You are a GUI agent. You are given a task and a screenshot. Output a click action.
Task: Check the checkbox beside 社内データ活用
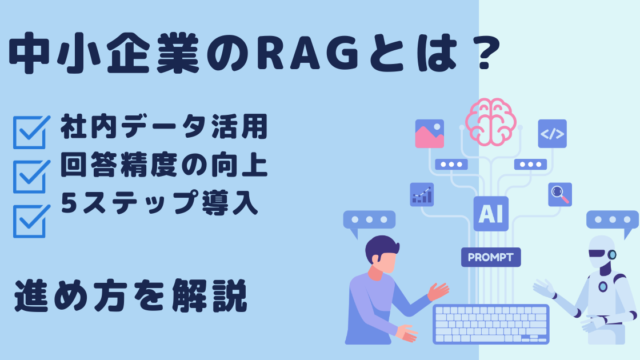click(31, 132)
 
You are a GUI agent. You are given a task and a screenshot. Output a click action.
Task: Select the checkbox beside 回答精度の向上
click(31, 176)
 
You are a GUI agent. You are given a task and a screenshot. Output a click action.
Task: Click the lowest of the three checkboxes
click(31, 221)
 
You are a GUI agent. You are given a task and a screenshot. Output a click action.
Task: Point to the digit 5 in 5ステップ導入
click(69, 202)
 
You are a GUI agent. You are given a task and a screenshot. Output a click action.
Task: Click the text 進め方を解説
click(131, 296)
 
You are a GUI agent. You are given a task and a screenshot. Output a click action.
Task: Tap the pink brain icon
click(491, 122)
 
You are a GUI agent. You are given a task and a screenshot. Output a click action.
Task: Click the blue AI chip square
click(491, 213)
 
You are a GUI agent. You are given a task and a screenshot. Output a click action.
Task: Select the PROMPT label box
click(491, 257)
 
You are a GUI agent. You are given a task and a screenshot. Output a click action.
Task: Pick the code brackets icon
click(552, 133)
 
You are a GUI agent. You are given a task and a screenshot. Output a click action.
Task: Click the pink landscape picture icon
click(429, 133)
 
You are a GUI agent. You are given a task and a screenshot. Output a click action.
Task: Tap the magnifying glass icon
click(560, 194)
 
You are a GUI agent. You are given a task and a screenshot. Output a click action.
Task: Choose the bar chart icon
click(422, 194)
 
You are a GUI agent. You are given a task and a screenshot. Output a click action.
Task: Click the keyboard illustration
click(491, 324)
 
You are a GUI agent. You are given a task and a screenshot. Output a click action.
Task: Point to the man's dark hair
click(382, 247)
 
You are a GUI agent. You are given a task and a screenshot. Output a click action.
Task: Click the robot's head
click(602, 252)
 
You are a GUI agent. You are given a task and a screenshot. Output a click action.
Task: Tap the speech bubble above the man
click(369, 223)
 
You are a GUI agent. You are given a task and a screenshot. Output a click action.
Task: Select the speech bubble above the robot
click(612, 223)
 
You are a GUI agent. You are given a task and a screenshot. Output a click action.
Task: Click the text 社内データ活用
click(164, 127)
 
